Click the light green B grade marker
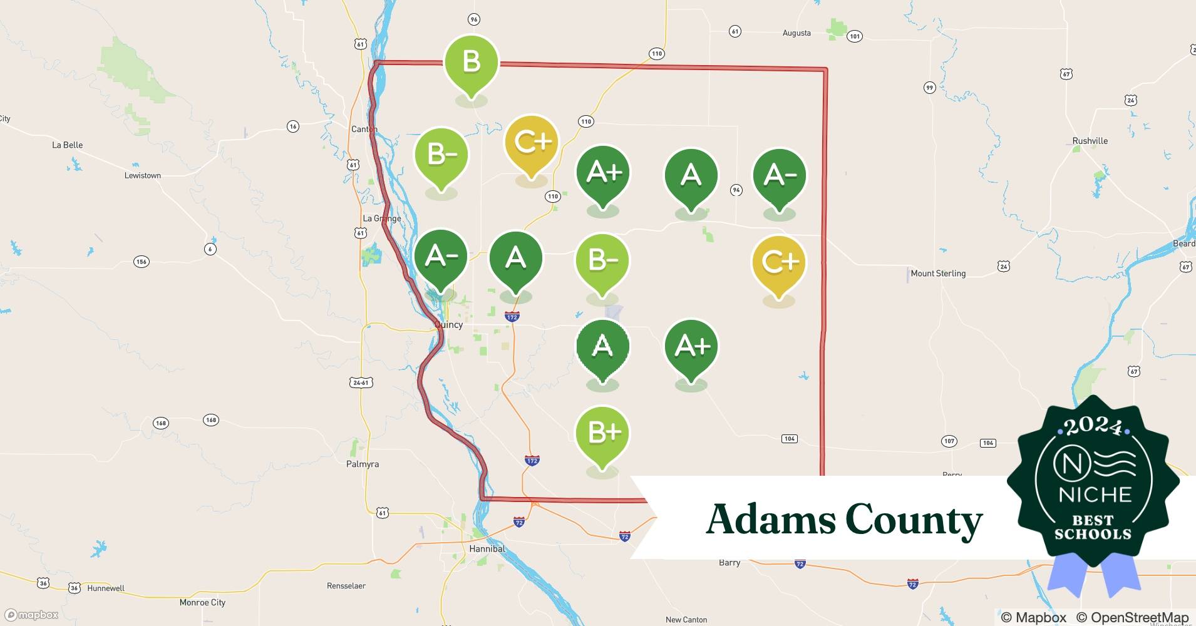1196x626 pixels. (x=471, y=63)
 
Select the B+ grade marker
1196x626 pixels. (x=602, y=433)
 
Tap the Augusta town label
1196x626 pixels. (x=796, y=33)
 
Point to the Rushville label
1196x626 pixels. (x=1090, y=141)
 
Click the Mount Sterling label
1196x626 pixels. (x=938, y=274)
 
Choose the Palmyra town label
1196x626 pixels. (x=363, y=464)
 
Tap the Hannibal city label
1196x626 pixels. (x=487, y=548)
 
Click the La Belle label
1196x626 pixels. (x=67, y=145)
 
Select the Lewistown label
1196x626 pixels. (x=142, y=175)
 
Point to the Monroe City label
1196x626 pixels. (x=202, y=602)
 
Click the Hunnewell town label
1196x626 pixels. (x=106, y=588)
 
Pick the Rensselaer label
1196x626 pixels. (x=346, y=586)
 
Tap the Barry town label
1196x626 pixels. (x=729, y=563)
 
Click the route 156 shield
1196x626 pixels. (x=142, y=261)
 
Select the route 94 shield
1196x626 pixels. (x=736, y=190)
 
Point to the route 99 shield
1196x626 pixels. (x=930, y=88)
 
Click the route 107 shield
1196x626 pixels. (x=949, y=441)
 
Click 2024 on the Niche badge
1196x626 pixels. (x=1093, y=426)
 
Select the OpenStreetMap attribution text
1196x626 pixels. (x=1132, y=617)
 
